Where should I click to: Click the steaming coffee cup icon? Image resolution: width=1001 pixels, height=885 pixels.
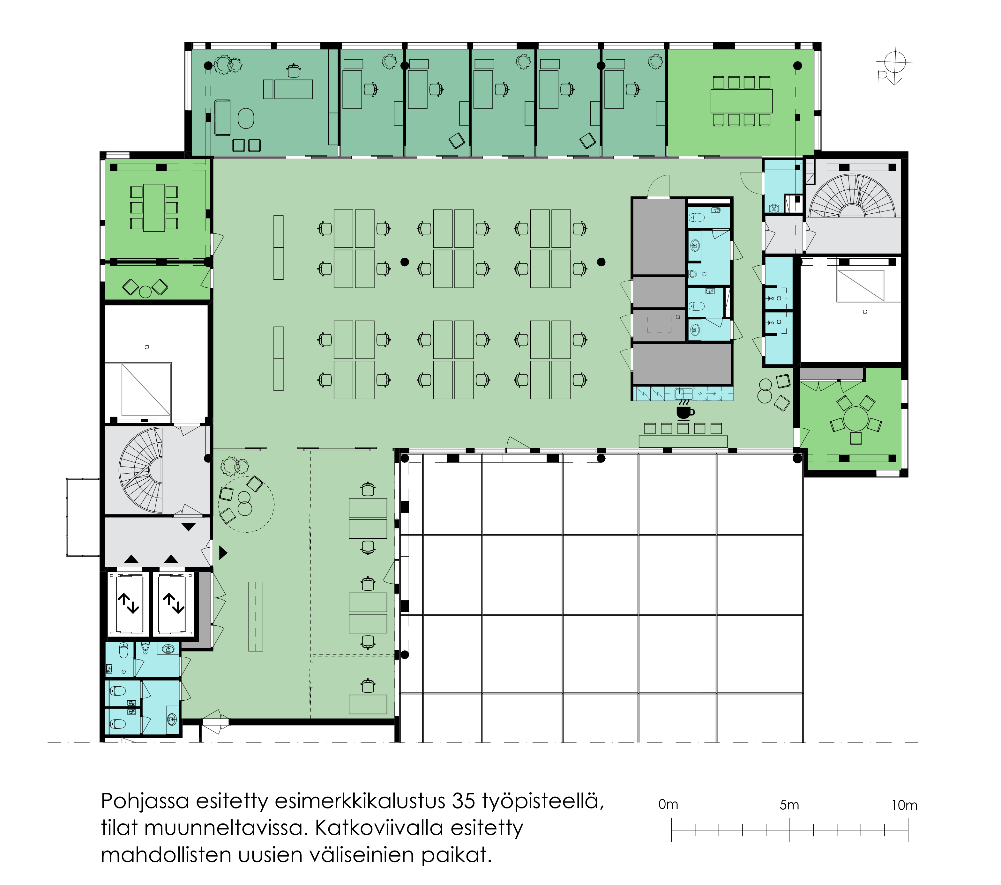pyautogui.click(x=685, y=410)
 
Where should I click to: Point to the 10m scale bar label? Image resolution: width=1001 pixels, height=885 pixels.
pyautogui.click(x=904, y=805)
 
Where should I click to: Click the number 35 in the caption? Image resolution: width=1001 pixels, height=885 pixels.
pyautogui.click(x=464, y=801)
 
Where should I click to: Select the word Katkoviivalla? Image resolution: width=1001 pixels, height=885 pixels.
pyautogui.click(x=378, y=828)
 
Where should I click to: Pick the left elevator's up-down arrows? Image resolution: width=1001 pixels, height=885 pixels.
pyautogui.click(x=128, y=603)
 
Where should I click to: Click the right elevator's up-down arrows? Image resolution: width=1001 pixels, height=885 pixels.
pyautogui.click(x=173, y=603)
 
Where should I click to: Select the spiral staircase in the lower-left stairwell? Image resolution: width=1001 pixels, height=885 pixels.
pyautogui.click(x=141, y=470)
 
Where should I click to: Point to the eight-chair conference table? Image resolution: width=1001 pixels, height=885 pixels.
pyautogui.click(x=742, y=101)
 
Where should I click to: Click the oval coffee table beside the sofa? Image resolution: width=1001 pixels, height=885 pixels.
pyautogui.click(x=246, y=118)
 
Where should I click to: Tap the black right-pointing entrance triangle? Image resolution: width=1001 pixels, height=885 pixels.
pyautogui.click(x=223, y=553)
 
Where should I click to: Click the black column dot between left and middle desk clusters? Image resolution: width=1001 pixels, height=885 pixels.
pyautogui.click(x=405, y=262)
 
